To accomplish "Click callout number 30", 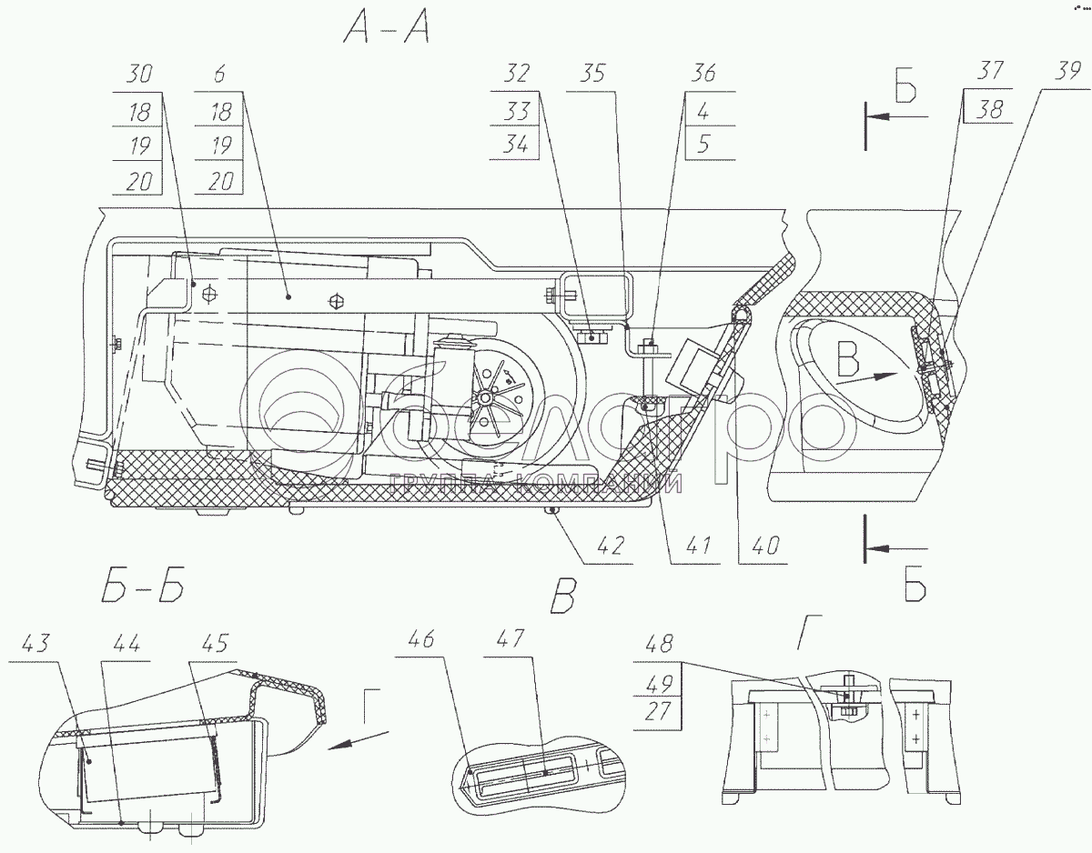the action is coord(138,74).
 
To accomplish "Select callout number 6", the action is coord(219,74).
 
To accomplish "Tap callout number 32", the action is coord(516,74).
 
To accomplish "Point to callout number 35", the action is coord(593,74).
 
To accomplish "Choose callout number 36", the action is coord(703,74).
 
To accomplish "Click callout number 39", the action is coord(1067,70).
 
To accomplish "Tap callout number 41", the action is coord(698,546).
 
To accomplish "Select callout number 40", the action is coord(766,546).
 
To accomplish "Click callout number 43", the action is coord(35,643).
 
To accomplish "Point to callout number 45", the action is coord(215,643).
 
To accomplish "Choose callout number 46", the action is coord(421,639).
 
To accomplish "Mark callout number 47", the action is coord(511,639).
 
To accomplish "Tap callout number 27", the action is coord(657,711).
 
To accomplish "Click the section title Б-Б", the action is coord(143,585).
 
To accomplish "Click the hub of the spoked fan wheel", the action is coord(484,397).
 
